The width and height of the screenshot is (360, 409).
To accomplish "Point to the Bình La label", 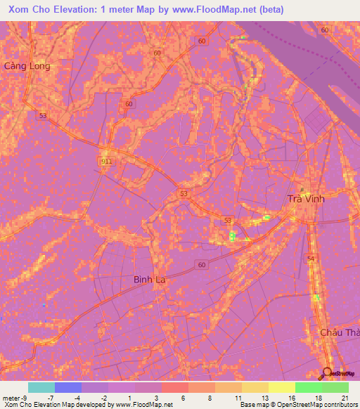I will (x=149, y=280).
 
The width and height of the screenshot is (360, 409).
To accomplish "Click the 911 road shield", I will (x=106, y=161).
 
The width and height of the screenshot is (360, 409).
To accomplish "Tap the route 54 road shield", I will (x=311, y=259).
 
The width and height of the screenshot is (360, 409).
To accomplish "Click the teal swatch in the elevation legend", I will (x=41, y=387).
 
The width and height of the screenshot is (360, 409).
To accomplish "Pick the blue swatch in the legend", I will (x=67, y=387).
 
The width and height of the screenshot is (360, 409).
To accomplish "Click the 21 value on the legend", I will (x=345, y=398).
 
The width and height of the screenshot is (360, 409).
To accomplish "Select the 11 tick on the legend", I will (x=238, y=398).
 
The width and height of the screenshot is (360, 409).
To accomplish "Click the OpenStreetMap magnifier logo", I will (x=326, y=373).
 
